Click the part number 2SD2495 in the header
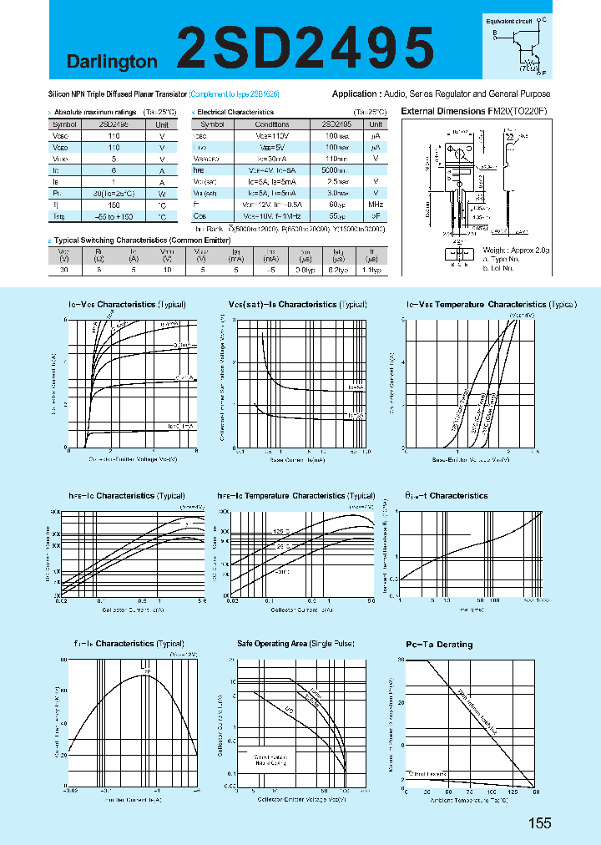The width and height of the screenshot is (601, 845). coord(306,46)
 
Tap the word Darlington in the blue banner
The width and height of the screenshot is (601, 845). coord(113,62)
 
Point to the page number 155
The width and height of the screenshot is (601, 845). coord(540,823)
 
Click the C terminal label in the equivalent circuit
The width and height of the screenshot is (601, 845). coord(543,18)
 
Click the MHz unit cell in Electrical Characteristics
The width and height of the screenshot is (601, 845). coord(376,204)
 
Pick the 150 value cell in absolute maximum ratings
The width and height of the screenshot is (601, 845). coord(113,204)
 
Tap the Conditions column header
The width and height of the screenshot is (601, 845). coord(272,124)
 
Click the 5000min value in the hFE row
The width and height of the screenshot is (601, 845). coord(336,169)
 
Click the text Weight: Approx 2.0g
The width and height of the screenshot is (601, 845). coord(515,249)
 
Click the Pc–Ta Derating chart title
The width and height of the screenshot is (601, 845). coord(439,645)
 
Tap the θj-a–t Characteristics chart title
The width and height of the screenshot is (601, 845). coord(447,495)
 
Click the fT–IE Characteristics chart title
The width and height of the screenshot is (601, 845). coord(125,644)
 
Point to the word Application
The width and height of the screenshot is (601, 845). coord(356,94)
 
